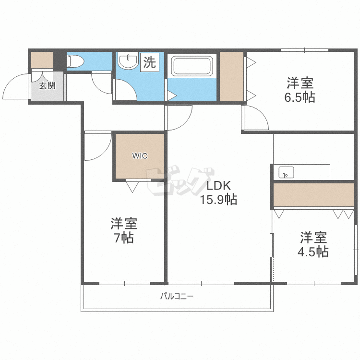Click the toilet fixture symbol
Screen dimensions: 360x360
click(75, 61)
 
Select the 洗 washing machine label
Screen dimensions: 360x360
click(150, 62)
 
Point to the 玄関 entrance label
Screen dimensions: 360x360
click(47, 86)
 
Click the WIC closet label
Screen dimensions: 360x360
click(140, 156)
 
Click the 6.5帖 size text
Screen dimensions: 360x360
click(301, 97)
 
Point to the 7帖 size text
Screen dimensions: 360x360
click(124, 238)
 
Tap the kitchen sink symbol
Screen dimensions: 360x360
click(287, 171)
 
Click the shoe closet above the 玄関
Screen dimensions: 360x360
click(42, 60)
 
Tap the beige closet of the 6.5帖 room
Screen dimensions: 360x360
click(231, 76)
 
